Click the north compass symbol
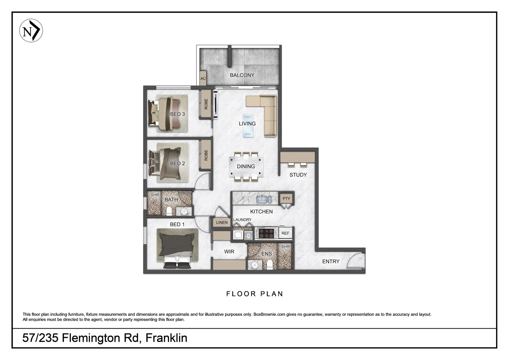pyautogui.click(x=31, y=31)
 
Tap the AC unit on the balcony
pyautogui.click(x=203, y=79)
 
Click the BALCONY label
pyautogui.click(x=242, y=75)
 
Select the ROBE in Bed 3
pyautogui.click(x=206, y=104)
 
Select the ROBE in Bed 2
pyautogui.click(x=206, y=155)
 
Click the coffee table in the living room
pyautogui.click(x=248, y=125)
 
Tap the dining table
pyautogui.click(x=246, y=166)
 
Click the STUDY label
pyautogui.click(x=298, y=175)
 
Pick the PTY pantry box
pyautogui.click(x=286, y=199)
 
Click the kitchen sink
pyautogui.click(x=263, y=199)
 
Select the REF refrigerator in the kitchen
pyautogui.click(x=285, y=233)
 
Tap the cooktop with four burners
pyautogui.click(x=266, y=233)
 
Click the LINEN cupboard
pyautogui.click(x=222, y=222)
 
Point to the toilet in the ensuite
pyautogui.click(x=270, y=265)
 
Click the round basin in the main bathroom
pyautogui.click(x=184, y=211)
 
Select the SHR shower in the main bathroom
pyautogui.click(x=154, y=203)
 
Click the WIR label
pyautogui.click(x=229, y=252)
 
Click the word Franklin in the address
pyautogui.click(x=166, y=338)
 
